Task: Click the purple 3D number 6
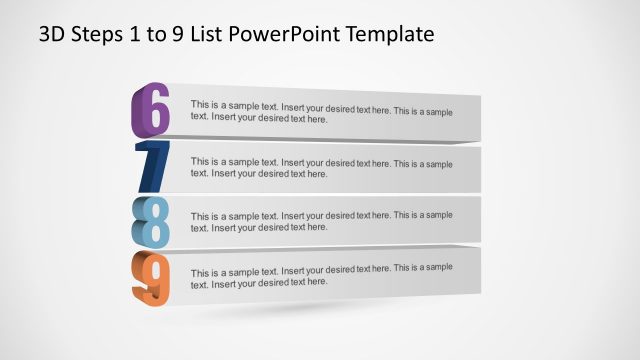coord(151,111)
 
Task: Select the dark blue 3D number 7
coord(153,166)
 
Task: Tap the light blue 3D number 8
coord(151,221)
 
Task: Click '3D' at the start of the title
coord(53,35)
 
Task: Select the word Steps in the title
coord(98,35)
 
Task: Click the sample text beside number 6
coord(321,111)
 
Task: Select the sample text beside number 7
coord(321,167)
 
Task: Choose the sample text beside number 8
coord(321,221)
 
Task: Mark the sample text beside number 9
coord(321,275)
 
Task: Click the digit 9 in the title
coord(177,35)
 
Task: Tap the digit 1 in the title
coord(137,35)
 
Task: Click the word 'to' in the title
coord(157,35)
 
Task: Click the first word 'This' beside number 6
coord(200,104)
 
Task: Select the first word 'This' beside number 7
coord(200,161)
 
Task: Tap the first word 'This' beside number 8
coord(200,216)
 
